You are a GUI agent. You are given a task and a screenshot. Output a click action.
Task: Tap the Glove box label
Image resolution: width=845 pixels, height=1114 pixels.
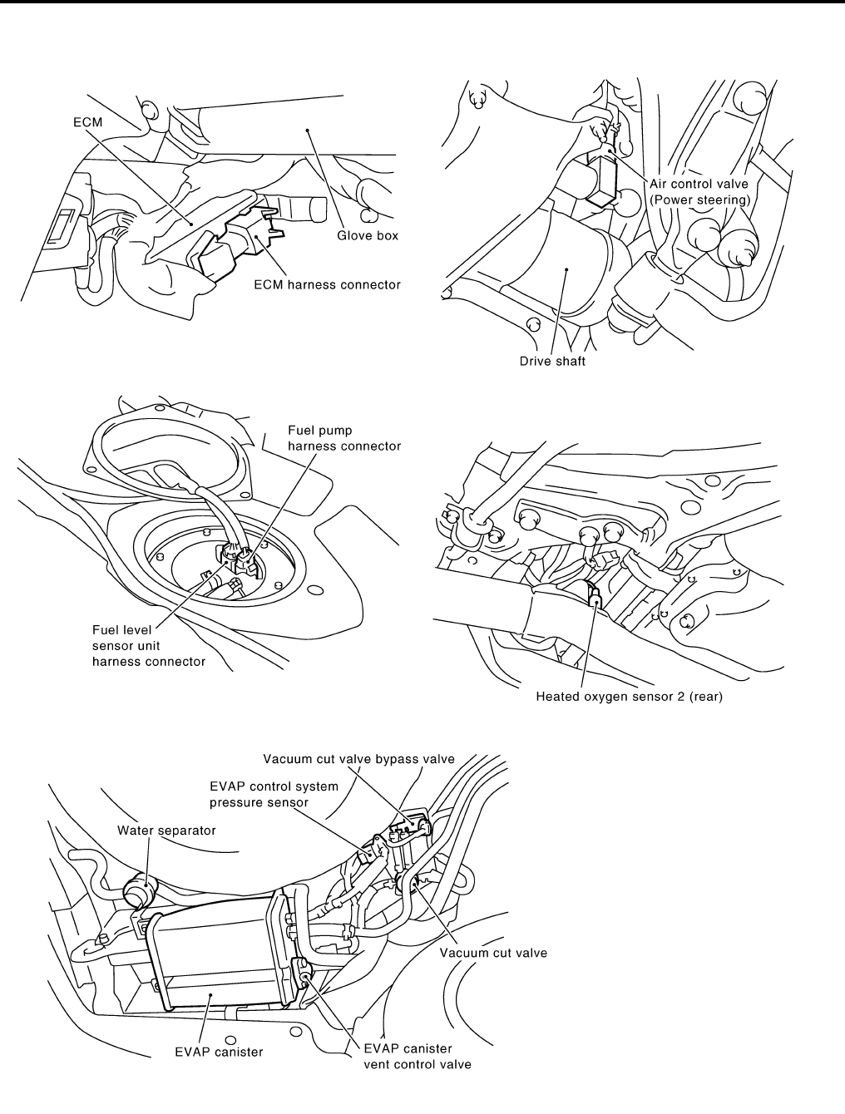367,235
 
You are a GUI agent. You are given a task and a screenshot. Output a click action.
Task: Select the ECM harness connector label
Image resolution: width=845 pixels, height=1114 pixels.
327,284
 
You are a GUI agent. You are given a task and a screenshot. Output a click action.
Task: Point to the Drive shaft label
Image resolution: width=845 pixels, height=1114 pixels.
552,362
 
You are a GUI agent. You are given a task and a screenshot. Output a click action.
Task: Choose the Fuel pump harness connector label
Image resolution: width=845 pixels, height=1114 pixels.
343,438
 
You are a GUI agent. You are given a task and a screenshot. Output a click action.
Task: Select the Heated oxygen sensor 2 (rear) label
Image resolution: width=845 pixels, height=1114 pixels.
629,697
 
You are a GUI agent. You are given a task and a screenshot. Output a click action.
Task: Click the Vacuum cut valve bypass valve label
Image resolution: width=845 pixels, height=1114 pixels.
358,758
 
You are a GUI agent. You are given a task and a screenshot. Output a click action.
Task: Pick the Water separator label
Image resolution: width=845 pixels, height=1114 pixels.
155,830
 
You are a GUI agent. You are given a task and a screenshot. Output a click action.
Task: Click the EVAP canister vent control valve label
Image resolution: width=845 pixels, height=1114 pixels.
418,1057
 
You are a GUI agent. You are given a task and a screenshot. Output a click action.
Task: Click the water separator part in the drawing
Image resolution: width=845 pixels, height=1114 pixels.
139,894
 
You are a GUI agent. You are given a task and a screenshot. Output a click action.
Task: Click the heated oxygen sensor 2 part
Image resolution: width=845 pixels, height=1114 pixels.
595,595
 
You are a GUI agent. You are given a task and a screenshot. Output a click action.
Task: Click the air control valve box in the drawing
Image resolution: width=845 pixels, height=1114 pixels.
604,175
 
